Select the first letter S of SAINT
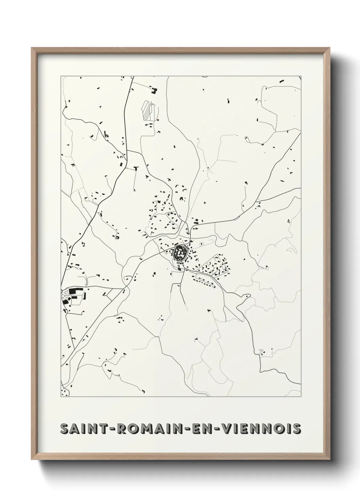click(x=64, y=429)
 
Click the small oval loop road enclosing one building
click(x=201, y=244)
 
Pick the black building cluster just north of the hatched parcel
click(x=154, y=91)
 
